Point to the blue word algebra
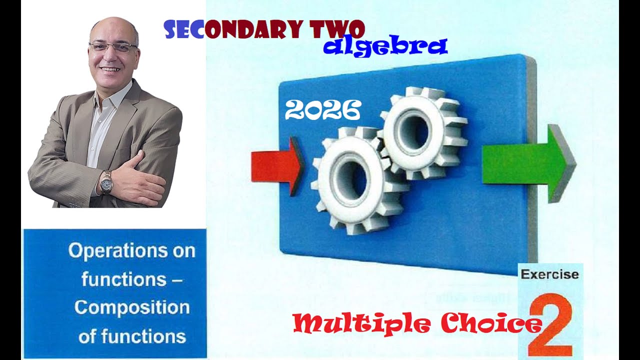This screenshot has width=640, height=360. click(384, 46)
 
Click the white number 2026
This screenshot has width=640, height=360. click(322, 110)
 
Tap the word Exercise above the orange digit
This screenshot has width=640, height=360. click(549, 274)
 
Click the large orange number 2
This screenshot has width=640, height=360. click(550, 325)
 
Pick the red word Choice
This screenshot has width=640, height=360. click(492, 324)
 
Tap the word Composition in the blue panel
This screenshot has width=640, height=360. click(132, 307)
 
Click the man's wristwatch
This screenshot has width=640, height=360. click(106, 182)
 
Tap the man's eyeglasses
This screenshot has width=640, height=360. click(112, 47)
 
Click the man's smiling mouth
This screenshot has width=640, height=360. click(110, 69)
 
